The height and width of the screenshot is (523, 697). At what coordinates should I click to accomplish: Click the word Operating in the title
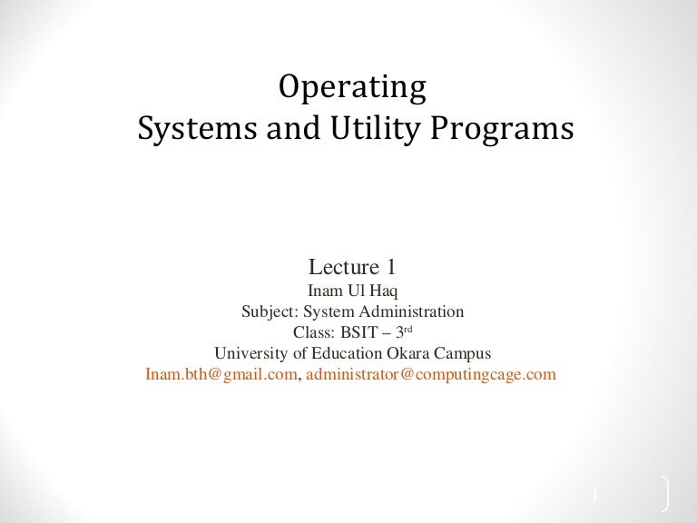point(352,88)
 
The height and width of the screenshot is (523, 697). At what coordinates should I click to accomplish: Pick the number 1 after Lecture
point(390,268)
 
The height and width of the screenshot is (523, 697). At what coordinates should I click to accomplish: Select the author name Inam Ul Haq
point(353,292)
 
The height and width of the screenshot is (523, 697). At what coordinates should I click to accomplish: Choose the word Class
point(312,332)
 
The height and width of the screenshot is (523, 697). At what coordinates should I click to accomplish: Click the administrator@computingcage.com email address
point(431,373)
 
